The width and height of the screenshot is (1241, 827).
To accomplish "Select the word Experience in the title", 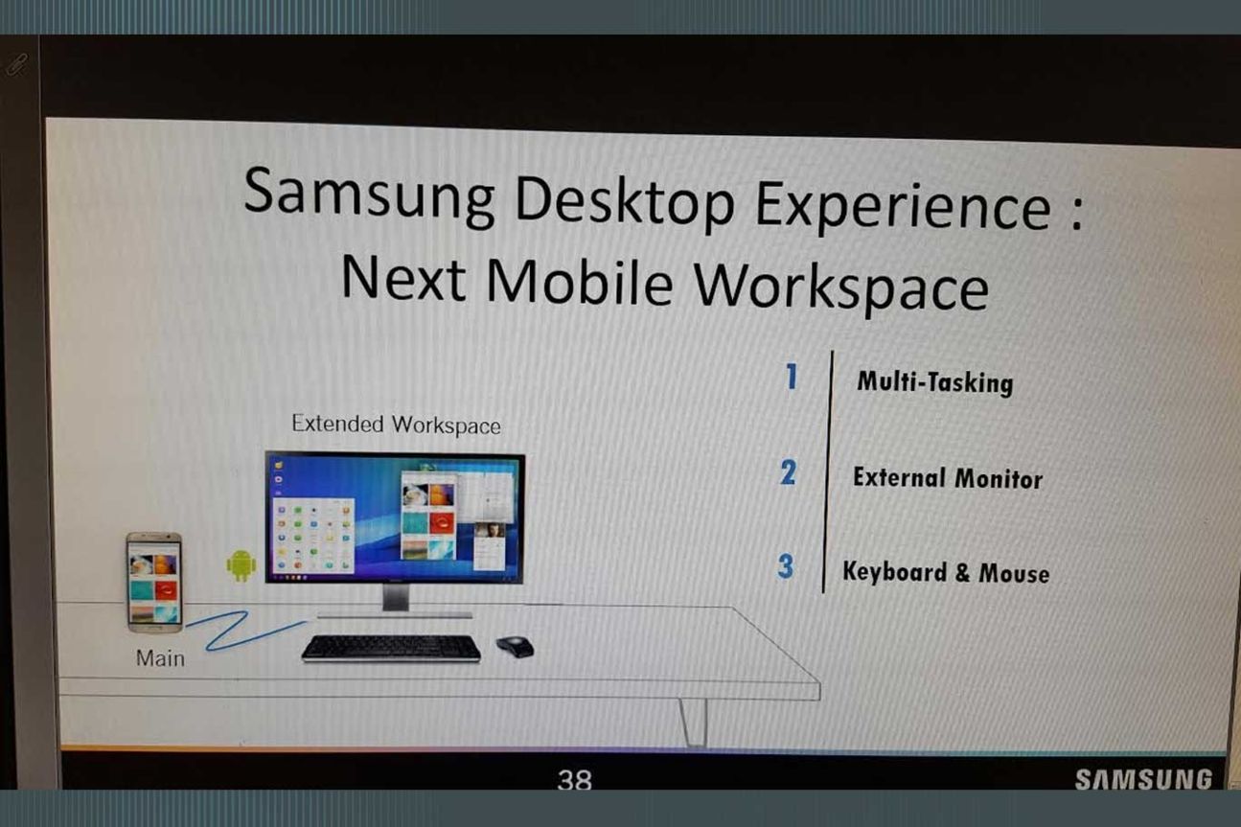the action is tap(903, 209).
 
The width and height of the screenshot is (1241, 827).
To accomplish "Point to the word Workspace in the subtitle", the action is tap(841, 287).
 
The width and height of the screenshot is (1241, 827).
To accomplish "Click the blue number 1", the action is tap(793, 377).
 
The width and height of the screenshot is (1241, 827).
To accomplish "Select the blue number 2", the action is tap(788, 472).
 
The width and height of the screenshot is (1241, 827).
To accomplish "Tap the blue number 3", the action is tap(786, 566).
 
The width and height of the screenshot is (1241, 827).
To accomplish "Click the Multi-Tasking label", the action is tap(935, 382).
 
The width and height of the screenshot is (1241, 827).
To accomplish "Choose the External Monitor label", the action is tap(948, 478).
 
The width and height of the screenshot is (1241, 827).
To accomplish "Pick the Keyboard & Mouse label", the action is tap(946, 572).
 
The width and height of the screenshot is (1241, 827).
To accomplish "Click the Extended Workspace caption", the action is tap(396, 425).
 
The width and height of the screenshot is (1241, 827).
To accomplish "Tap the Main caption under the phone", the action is tap(160, 658).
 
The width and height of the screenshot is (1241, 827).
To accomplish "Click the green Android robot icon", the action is tap(241, 565).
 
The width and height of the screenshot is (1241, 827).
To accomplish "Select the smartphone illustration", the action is tap(154, 583).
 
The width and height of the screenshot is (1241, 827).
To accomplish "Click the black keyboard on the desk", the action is tap(392, 648).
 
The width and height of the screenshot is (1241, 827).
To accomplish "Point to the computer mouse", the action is tap(516, 647).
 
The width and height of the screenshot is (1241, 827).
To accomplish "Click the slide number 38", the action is tap(575, 779).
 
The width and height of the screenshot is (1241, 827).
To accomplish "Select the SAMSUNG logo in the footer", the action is tap(1143, 779).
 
